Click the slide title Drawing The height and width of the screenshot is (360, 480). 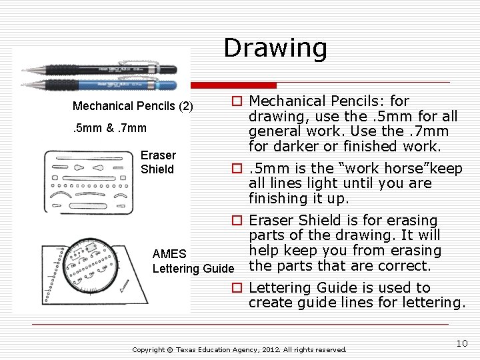pos(275,48)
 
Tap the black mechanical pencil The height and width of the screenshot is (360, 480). pos(100,69)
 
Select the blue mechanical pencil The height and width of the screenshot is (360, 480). pos(100,85)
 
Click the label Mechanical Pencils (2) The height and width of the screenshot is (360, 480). pos(133,106)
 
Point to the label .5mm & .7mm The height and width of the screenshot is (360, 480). pos(109,128)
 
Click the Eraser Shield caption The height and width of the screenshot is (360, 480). pos(157,162)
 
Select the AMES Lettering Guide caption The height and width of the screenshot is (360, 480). pos(193,261)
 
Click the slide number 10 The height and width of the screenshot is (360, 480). pos(462,343)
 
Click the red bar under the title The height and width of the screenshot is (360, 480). pos(243,85)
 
